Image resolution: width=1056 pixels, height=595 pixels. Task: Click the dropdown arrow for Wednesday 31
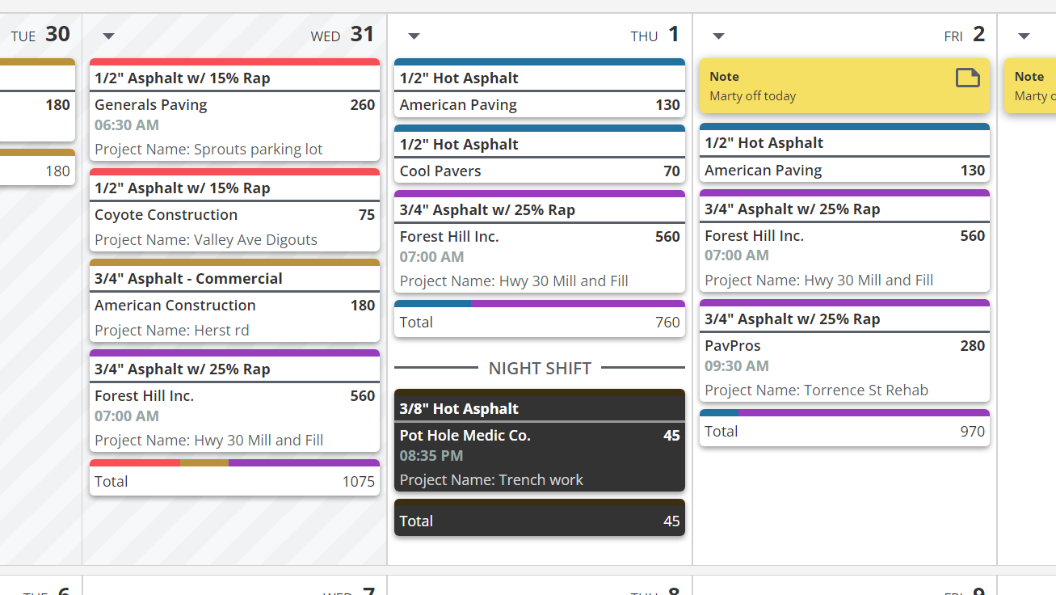[x=109, y=36]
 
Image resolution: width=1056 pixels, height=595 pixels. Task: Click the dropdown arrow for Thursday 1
[x=414, y=36]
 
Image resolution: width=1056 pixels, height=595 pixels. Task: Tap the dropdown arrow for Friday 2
[x=718, y=36]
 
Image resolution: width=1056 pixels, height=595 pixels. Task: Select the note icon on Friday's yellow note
[x=967, y=78]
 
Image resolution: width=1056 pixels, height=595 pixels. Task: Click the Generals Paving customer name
[x=150, y=105]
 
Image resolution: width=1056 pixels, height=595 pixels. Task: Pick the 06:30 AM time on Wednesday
[x=126, y=125]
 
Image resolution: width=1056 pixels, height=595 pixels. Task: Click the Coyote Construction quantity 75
[x=366, y=215]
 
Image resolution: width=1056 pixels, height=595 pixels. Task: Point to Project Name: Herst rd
[x=171, y=331]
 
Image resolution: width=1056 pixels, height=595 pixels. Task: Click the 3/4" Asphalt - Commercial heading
[x=188, y=279]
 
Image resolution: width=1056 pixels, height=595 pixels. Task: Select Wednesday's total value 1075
[x=358, y=482]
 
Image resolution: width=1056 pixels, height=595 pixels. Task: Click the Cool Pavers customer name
[x=440, y=171]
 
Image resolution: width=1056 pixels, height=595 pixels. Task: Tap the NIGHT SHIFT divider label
[x=540, y=369]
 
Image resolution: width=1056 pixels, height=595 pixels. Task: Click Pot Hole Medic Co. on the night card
[x=465, y=436]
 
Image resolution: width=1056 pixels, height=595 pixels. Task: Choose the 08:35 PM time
[x=431, y=456]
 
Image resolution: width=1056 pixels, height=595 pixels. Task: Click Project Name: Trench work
[x=490, y=480]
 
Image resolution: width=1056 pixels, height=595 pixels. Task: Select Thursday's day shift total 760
[x=667, y=323]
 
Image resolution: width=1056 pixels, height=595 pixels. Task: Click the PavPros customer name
[x=732, y=346]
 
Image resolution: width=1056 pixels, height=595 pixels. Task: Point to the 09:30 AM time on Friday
[x=736, y=366]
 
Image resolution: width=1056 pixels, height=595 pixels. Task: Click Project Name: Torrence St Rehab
[x=816, y=390]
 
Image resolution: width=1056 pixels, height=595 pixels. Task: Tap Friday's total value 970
[x=972, y=432]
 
